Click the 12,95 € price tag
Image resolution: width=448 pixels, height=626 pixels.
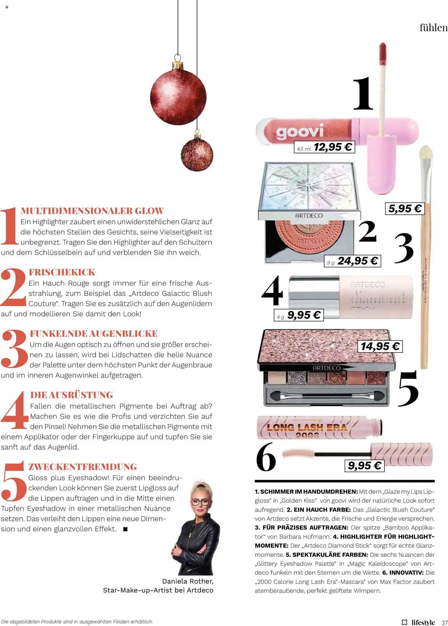tap(324, 147)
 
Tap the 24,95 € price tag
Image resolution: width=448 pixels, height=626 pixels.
tap(352, 261)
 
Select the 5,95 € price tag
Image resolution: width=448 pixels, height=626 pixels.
tap(405, 209)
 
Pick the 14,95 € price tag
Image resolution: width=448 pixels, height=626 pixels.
tap(380, 346)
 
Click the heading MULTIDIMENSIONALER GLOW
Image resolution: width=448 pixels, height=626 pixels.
tap(92, 211)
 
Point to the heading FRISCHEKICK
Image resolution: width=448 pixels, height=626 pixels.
tap(62, 272)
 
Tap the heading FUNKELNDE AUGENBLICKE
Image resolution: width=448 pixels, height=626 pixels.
tap(94, 334)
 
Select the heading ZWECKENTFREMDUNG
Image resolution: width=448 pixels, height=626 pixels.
tap(83, 467)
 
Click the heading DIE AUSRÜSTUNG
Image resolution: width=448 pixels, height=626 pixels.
tap(72, 395)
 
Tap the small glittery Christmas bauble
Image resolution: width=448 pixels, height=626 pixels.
tap(197, 155)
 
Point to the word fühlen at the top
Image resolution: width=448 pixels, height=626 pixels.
tap(433, 28)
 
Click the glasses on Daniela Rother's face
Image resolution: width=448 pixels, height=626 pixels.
tap(200, 501)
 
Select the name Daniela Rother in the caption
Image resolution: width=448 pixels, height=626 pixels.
tap(188, 581)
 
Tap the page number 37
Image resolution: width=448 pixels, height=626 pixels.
tap(445, 622)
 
